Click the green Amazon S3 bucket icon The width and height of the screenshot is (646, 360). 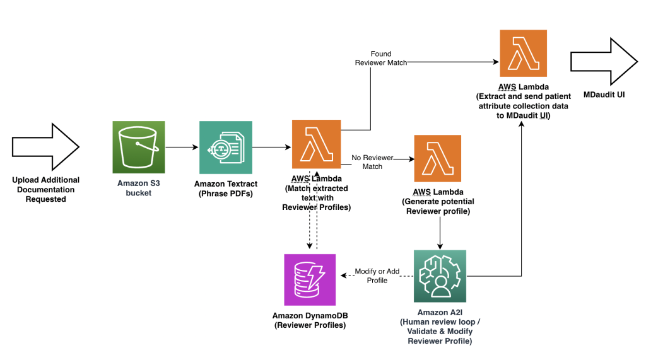[138, 147]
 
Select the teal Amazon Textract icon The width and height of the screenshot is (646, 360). [225, 147]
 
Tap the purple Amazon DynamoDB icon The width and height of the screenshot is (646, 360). [309, 279]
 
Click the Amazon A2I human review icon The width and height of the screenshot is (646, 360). [440, 276]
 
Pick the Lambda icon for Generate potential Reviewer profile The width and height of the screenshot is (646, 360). [437, 158]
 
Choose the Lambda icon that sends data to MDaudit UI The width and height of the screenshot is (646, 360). [522, 54]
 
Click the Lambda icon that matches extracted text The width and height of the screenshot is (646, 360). [316, 143]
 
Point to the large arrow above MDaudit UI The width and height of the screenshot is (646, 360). [602, 62]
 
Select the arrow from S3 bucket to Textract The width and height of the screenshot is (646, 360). [182, 148]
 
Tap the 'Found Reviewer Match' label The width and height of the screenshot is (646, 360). [380, 59]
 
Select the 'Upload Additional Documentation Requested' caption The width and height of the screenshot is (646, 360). [45, 189]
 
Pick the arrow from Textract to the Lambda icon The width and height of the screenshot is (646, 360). [271, 148]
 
